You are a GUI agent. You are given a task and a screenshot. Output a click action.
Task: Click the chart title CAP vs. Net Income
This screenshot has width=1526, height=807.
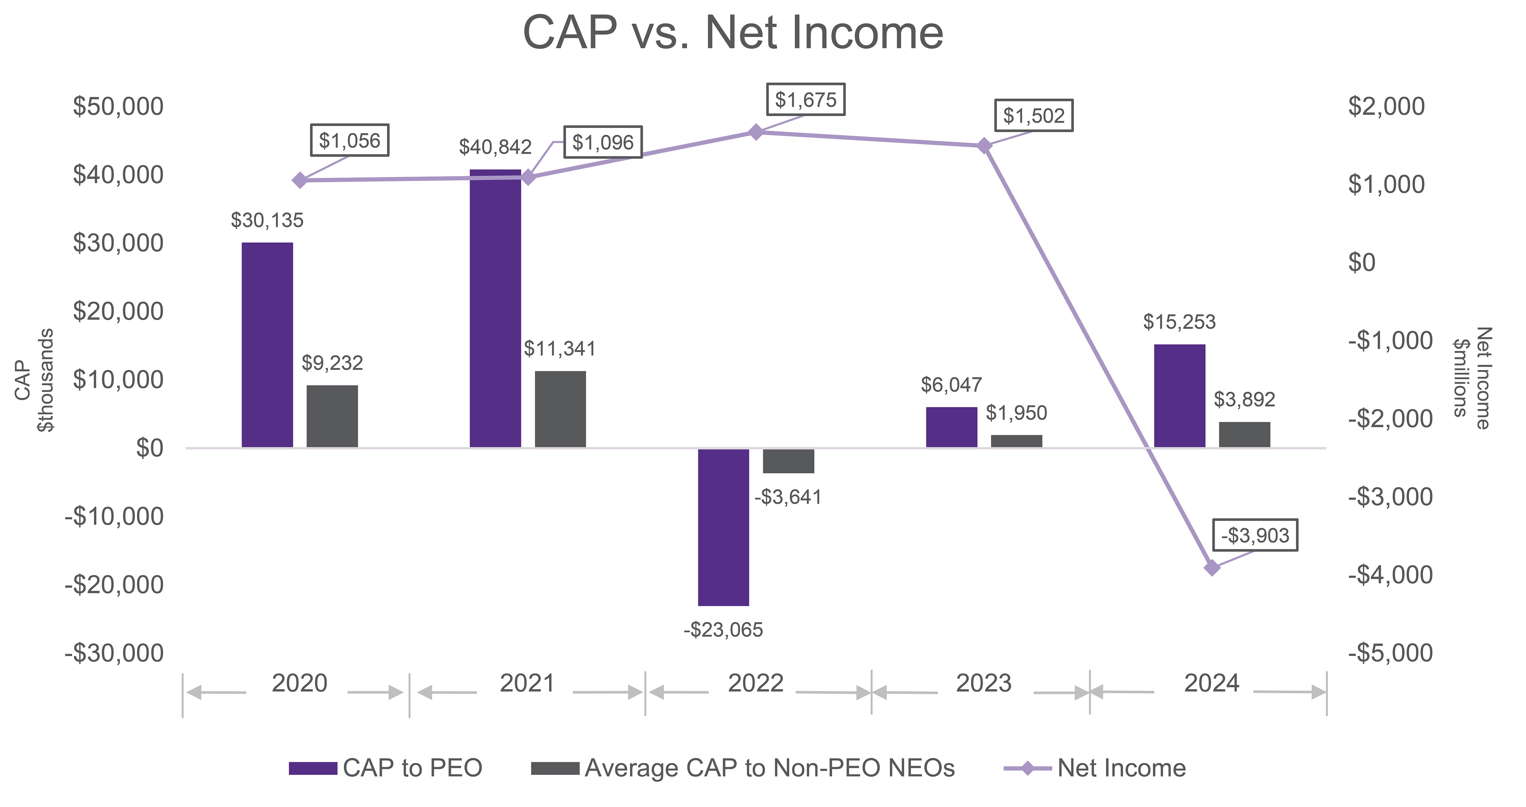(733, 33)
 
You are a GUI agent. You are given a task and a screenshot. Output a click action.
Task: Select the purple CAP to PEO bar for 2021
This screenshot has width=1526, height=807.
(495, 308)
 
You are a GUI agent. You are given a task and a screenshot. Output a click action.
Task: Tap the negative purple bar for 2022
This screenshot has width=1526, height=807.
(723, 527)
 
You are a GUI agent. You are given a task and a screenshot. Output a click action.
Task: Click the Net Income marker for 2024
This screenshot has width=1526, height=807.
(1212, 568)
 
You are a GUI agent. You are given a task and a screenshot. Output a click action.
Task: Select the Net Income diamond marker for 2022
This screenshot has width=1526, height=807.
(755, 132)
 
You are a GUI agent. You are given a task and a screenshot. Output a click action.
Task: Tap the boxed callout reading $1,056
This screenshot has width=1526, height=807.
(350, 140)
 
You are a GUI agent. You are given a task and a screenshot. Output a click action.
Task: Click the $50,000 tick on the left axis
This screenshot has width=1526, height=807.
(118, 107)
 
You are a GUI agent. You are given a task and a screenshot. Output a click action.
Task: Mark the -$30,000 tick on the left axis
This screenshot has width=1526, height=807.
(114, 653)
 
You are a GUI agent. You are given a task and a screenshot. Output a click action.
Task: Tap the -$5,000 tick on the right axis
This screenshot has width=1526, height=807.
(1390, 653)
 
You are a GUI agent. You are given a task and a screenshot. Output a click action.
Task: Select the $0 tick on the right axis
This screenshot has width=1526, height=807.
(1361, 263)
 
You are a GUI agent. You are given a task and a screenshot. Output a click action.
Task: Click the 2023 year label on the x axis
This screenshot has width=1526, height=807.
(983, 683)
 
